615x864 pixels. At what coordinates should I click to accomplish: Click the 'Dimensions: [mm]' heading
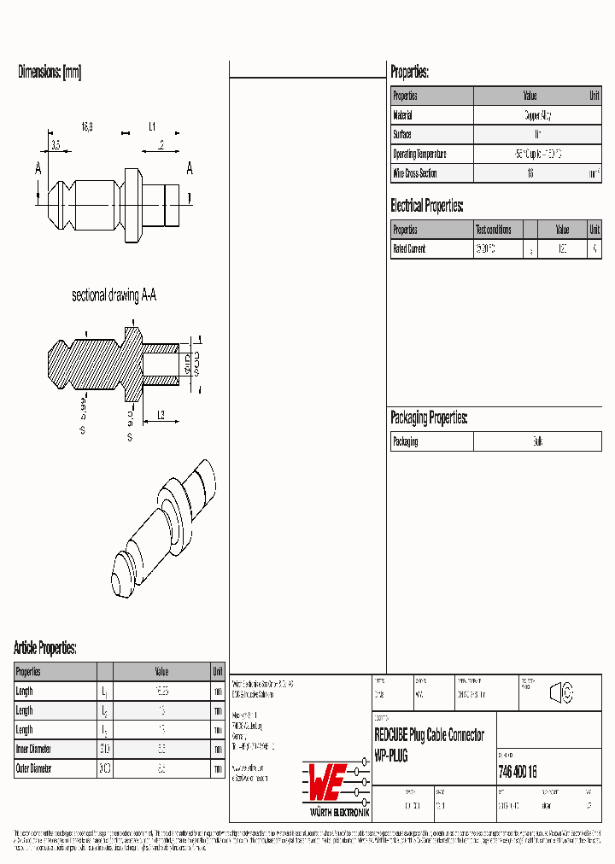[x=50, y=73]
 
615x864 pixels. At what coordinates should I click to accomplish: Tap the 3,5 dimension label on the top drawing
[x=56, y=146]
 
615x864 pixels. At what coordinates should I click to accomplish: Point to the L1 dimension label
[x=152, y=126]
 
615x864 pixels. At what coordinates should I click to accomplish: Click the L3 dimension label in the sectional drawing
[x=161, y=415]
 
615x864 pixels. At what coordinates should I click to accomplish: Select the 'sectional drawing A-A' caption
[x=114, y=295]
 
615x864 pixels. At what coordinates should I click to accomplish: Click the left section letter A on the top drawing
[x=38, y=169]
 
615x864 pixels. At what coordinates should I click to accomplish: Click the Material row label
[x=402, y=115]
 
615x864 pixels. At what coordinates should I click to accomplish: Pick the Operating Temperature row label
[x=419, y=155]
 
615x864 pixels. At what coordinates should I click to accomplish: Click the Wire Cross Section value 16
[x=530, y=173]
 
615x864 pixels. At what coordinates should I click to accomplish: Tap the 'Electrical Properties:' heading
[x=427, y=206]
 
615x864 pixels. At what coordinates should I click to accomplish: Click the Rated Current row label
[x=409, y=249]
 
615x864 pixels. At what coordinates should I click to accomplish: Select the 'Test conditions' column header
[x=494, y=230]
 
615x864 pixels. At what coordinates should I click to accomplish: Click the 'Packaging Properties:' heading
[x=429, y=417]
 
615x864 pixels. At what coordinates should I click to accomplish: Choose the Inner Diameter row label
[x=33, y=750]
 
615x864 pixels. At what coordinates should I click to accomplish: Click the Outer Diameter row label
[x=34, y=768]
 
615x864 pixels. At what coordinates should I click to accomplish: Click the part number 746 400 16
[x=517, y=772]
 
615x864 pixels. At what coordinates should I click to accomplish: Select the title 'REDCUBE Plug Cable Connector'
[x=430, y=735]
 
